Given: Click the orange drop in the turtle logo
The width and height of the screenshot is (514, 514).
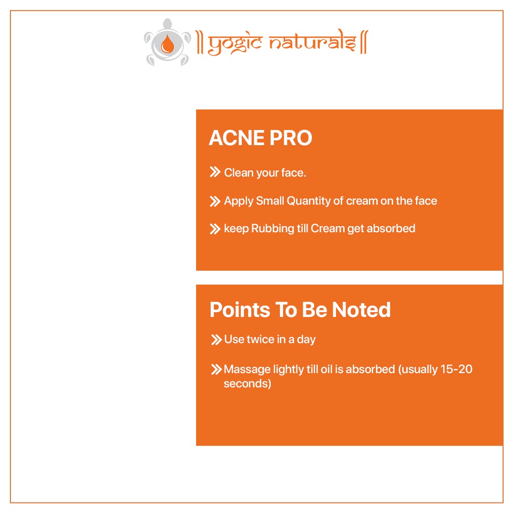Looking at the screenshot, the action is pos(168,44).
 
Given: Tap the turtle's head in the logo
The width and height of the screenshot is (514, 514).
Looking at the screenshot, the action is pos(168,24).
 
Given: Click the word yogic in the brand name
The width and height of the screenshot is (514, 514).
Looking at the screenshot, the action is pos(235,44).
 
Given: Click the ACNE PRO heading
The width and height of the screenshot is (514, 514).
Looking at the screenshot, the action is pos(260,138).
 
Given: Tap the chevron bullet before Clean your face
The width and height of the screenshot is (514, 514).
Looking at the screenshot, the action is pos(215,172).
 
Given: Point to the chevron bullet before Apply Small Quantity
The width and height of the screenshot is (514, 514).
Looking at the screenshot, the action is pos(215,201).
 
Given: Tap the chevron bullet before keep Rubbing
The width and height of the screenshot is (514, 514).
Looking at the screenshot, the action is pos(215,229).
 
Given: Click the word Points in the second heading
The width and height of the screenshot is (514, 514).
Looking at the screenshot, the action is pos(239,310).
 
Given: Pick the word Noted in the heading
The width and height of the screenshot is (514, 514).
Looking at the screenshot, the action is pos(361,310).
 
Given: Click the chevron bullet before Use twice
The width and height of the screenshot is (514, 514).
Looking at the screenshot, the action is pos(217,340).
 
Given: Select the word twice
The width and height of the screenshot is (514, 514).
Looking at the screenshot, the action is pos(261,339).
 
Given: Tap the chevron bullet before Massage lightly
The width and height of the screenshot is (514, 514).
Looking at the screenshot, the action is pos(217,369).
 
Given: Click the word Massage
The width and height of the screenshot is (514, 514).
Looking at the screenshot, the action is pos(247,370).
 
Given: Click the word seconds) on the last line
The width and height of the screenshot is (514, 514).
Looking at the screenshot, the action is pos(247,384).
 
